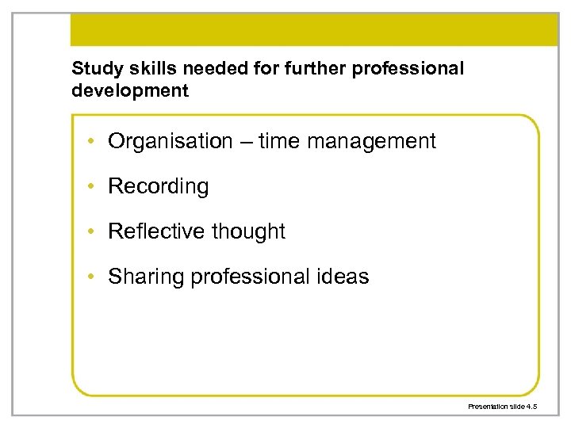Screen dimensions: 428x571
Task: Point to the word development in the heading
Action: (x=130, y=90)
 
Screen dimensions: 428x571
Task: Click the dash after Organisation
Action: (x=245, y=142)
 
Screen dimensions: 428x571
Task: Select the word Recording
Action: (x=159, y=187)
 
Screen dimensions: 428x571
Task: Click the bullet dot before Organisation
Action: (x=93, y=142)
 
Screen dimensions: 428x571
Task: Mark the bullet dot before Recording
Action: (x=93, y=187)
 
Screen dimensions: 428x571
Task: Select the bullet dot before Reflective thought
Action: (x=93, y=232)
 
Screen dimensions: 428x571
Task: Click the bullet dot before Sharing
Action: (x=93, y=277)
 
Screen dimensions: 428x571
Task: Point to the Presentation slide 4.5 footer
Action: (x=503, y=406)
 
